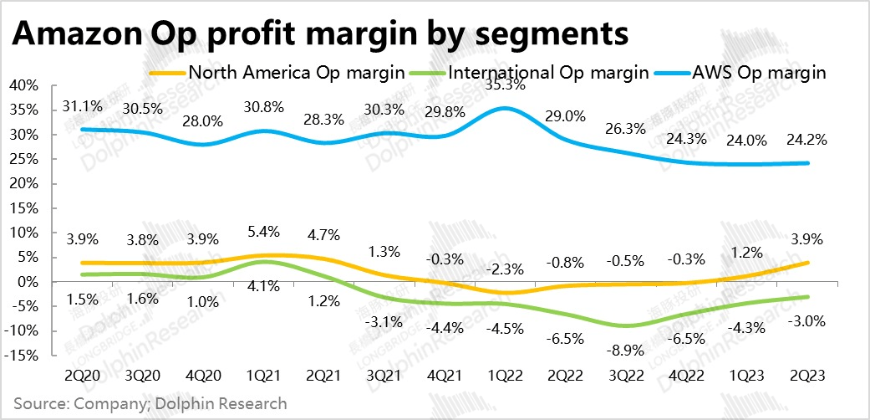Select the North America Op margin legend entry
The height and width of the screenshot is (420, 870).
point(297,72)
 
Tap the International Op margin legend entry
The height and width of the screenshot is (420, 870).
point(548,72)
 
